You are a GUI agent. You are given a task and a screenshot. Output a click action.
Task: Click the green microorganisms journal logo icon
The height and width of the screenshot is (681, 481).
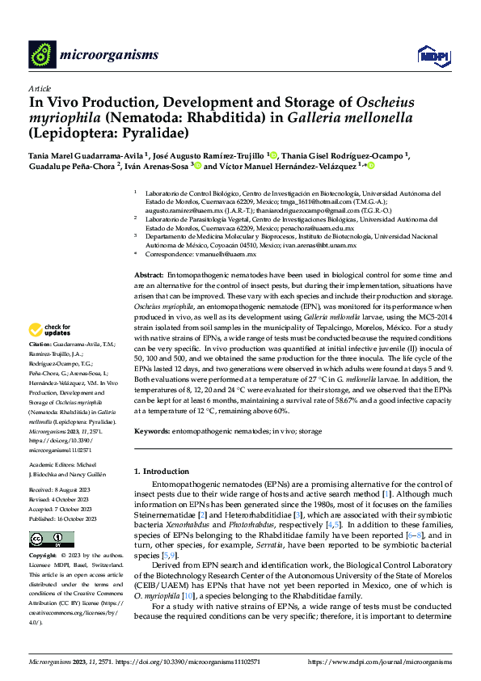(42, 54)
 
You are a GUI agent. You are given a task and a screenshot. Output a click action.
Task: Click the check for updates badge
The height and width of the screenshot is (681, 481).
(49, 330)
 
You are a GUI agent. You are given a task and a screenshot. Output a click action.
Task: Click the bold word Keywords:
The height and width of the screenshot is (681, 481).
(152, 433)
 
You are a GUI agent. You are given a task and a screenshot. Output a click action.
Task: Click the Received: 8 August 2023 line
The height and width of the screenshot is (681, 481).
(61, 490)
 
